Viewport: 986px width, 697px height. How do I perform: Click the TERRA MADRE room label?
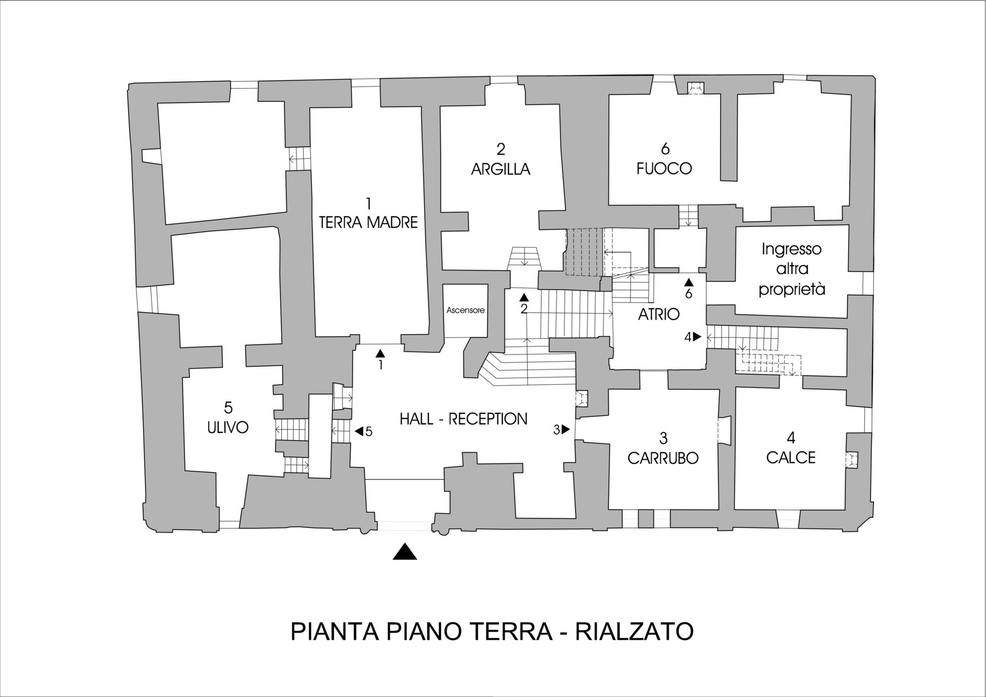(x=368, y=222)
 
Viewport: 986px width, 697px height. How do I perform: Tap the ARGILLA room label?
(x=500, y=169)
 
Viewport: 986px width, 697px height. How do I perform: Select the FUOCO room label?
(x=664, y=168)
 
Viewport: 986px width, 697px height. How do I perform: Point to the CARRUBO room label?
(x=663, y=458)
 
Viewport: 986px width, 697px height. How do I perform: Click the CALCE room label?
(x=790, y=457)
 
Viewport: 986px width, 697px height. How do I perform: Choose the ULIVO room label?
(x=228, y=427)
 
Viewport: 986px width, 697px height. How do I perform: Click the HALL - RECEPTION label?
(x=463, y=419)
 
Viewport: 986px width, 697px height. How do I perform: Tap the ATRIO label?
(x=658, y=314)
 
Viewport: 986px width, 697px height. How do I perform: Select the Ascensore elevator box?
(x=465, y=310)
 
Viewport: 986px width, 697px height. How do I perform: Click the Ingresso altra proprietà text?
(x=791, y=269)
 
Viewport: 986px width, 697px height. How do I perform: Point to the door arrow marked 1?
(x=380, y=353)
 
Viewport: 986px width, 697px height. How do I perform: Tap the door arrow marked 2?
(x=524, y=297)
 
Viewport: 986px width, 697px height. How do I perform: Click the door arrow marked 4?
(x=696, y=337)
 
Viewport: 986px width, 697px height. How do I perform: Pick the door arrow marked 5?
(x=359, y=431)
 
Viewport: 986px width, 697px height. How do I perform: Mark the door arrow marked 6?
(x=689, y=282)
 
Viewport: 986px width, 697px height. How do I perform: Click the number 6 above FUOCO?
(x=665, y=149)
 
